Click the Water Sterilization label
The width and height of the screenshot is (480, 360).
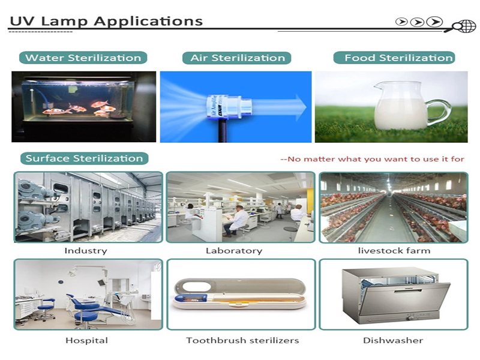[x=83, y=58]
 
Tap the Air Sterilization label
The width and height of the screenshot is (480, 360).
[x=236, y=58]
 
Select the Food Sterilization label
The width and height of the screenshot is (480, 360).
[x=394, y=58]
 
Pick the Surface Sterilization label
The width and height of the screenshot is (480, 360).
[x=84, y=158]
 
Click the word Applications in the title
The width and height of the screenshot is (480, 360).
[x=148, y=22]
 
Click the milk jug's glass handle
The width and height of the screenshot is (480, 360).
[x=439, y=112]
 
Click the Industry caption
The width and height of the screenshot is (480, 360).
[x=86, y=251]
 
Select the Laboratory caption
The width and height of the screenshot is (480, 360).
[x=234, y=251]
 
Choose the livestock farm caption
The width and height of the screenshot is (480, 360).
[x=394, y=251]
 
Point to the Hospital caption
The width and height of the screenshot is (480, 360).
[x=86, y=340]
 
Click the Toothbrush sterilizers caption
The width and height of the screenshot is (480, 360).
[x=242, y=340]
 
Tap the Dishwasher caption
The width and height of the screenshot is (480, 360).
[x=393, y=340]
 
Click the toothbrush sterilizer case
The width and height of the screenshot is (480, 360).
[x=239, y=293]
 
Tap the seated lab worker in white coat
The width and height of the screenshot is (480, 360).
[x=234, y=220]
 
